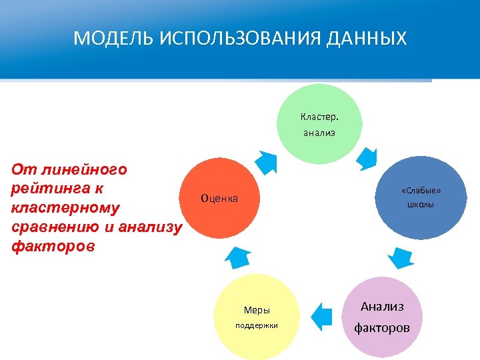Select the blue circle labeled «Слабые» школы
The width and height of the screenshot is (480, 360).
(x=421, y=197)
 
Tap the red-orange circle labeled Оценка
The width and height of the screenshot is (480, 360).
(x=219, y=198)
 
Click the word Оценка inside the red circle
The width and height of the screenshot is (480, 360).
(x=219, y=199)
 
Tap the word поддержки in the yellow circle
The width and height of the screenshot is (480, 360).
(x=257, y=326)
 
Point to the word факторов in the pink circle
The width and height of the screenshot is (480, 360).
(x=382, y=328)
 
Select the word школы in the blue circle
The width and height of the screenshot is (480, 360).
(x=421, y=205)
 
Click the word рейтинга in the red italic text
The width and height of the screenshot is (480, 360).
(x=47, y=188)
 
